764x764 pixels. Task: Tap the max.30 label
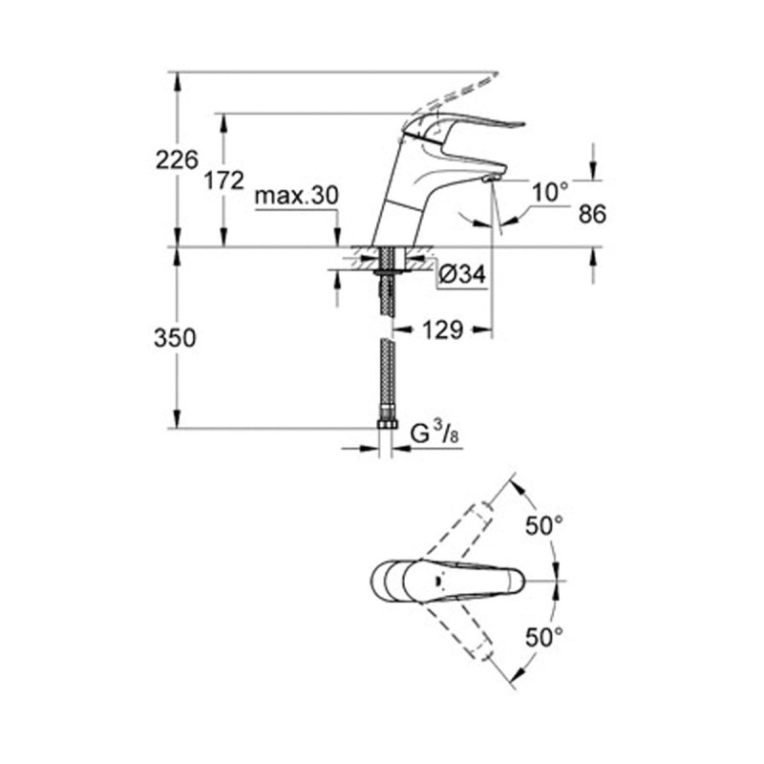[297, 197]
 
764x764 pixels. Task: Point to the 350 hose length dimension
[177, 337]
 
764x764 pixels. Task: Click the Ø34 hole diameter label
[463, 276]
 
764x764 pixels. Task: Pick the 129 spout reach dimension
[443, 330]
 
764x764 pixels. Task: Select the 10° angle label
[550, 192]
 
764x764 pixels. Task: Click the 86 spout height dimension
[592, 214]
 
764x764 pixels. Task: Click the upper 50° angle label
[545, 525]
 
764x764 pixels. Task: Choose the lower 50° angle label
[545, 636]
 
